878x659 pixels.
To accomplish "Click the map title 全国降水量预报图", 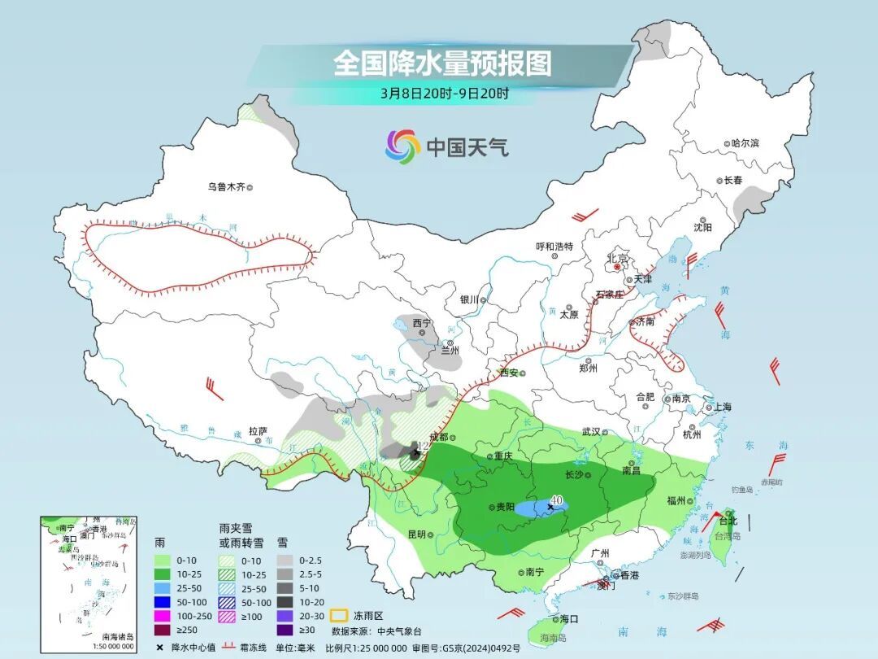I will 442,63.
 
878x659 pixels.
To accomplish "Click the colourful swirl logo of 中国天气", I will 402,146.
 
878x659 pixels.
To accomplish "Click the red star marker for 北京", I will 617,266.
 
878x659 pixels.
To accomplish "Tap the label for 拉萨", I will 258,431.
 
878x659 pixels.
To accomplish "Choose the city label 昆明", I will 416,535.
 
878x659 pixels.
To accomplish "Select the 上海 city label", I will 721,407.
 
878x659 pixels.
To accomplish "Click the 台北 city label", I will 728,521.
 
